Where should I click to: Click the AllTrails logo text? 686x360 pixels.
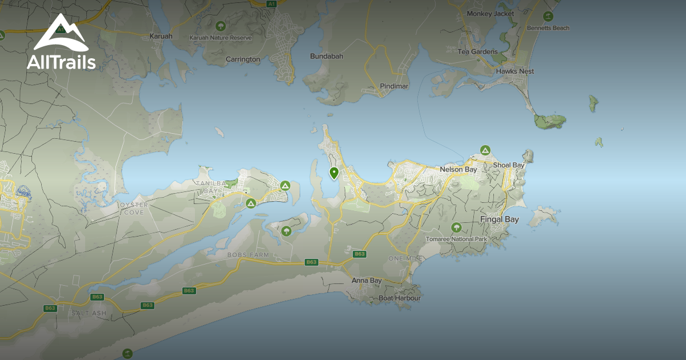(61, 62)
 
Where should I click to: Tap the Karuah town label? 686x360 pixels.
(160, 36)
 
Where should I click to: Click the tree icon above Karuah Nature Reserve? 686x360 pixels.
(220, 26)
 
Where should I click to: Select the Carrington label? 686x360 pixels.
(242, 59)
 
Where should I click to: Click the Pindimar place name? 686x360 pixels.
(394, 86)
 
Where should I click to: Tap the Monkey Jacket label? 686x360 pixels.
(490, 14)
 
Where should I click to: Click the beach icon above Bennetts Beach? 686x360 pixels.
(548, 16)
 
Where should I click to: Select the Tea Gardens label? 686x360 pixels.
(477, 52)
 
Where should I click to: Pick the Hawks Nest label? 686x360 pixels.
(514, 71)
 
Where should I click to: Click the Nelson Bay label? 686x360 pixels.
(458, 170)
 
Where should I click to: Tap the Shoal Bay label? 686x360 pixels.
(508, 166)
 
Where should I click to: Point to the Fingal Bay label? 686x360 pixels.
(499, 219)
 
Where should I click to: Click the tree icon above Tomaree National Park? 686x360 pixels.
(456, 228)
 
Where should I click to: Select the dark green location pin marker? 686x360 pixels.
(334, 173)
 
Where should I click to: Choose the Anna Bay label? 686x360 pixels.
(366, 281)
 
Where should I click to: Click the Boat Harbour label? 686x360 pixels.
(400, 298)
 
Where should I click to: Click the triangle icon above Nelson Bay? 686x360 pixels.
(485, 150)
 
